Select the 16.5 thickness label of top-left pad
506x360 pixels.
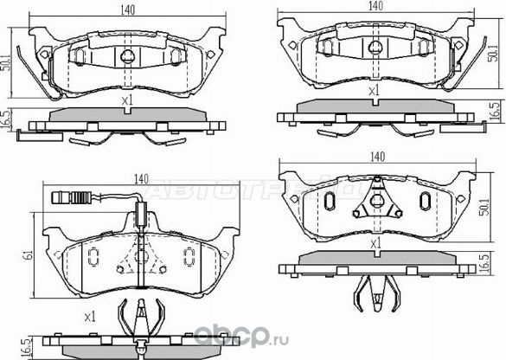tap(6, 119)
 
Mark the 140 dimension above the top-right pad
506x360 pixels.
tap(375, 7)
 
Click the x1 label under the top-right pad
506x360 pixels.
tap(374, 91)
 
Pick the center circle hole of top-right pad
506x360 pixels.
tap(375, 48)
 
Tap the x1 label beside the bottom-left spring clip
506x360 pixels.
tap(91, 316)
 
